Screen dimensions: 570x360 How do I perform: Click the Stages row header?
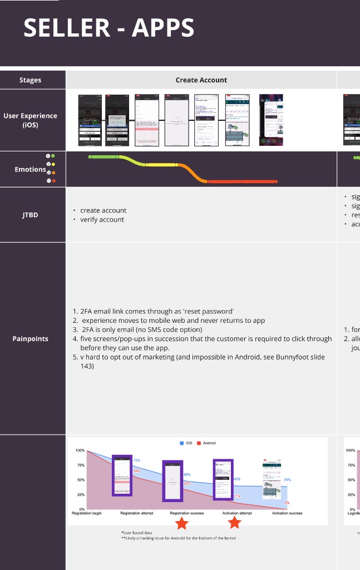pyautogui.click(x=30, y=80)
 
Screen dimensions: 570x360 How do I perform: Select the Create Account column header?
pyautogui.click(x=201, y=80)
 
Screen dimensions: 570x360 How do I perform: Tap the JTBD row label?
pyautogui.click(x=30, y=214)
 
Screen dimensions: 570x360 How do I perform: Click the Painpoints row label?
pyautogui.click(x=30, y=338)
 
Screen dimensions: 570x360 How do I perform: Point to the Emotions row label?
pyautogui.click(x=30, y=169)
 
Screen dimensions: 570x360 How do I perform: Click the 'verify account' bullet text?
pyautogui.click(x=102, y=219)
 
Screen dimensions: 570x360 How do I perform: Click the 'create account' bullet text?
pyautogui.click(x=103, y=210)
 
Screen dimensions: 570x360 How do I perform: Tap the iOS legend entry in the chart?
pyautogui.click(x=185, y=443)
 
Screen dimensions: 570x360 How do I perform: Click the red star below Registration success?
pyautogui.click(x=182, y=523)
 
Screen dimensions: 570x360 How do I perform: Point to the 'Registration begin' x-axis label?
pyautogui.click(x=87, y=513)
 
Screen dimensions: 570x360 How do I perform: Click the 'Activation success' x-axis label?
pyautogui.click(x=287, y=513)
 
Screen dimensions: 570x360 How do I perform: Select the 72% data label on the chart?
pyautogui.click(x=136, y=460)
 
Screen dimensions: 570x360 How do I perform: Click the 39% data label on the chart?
pyautogui.click(x=287, y=479)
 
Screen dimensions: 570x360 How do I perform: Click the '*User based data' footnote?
pyautogui.click(x=136, y=533)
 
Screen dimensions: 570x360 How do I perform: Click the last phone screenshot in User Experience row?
pyautogui.click(x=271, y=120)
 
